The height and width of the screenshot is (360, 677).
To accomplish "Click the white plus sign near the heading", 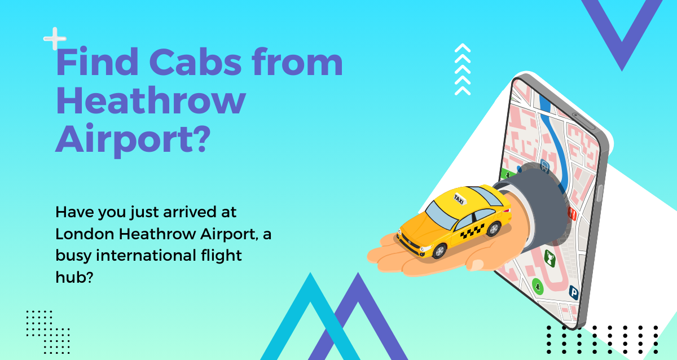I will click(55, 39).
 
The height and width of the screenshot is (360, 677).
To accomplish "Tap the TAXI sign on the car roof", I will click(459, 198).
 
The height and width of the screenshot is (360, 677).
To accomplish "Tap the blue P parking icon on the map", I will click(574, 292).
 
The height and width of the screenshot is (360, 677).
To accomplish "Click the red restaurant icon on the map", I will click(573, 214).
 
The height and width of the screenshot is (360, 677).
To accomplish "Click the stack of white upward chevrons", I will click(463, 69).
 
